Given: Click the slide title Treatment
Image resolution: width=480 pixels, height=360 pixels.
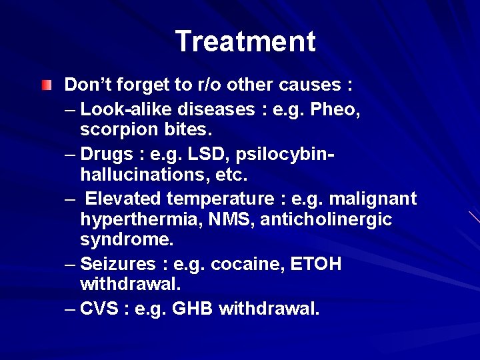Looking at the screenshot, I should point(245,41).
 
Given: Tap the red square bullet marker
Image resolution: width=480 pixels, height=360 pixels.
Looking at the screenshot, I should point(45,85).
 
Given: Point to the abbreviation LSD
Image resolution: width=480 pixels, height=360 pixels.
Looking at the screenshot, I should point(197,154).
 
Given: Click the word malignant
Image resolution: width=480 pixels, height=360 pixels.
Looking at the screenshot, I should point(373,199).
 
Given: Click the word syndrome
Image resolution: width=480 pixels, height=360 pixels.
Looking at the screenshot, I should point(121,239).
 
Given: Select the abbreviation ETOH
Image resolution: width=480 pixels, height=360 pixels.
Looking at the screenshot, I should point(316,265).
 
